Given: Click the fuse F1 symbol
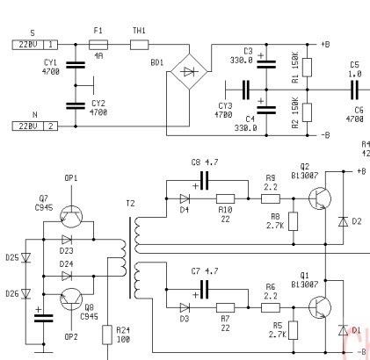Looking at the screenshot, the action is click(98, 45).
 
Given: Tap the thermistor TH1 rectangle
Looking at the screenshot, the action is click(139, 45).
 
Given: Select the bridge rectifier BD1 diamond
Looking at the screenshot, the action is click(189, 71).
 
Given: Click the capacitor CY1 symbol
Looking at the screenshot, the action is click(76, 65).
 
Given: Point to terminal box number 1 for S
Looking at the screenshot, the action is click(51, 45).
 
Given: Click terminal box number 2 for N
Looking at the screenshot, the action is click(51, 126).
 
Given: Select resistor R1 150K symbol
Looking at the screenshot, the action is click(307, 68).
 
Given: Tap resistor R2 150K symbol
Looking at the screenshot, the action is click(307, 112).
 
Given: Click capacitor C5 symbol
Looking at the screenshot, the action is click(354, 90).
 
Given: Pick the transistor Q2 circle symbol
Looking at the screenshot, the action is click(320, 198).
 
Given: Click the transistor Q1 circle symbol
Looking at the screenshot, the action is click(320, 307).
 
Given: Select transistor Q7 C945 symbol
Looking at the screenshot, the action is click(71, 217).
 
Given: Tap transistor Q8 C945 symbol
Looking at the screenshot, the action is click(71, 299).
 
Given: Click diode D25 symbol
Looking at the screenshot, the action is click(26, 257).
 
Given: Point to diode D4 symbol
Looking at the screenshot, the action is click(185, 198).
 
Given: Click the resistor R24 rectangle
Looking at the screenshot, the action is click(107, 335).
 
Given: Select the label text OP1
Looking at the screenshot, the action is click(71, 178).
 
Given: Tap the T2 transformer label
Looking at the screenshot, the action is click(130, 203).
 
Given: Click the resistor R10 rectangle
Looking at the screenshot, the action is click(225, 198).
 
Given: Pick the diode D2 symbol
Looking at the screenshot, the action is click(343, 221).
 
